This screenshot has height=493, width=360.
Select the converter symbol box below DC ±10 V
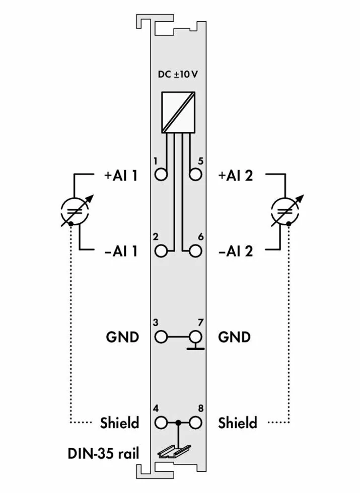point(178,112)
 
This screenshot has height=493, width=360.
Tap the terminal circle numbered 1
point(161,175)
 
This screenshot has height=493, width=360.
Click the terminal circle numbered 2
point(161,250)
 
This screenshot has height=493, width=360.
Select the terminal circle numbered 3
point(161,336)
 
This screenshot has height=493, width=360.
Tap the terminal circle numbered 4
point(161,423)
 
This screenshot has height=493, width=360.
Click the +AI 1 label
point(121,176)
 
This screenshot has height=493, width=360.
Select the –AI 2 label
point(236,251)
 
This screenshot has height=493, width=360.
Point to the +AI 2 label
point(236,176)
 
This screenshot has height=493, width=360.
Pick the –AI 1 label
point(121,251)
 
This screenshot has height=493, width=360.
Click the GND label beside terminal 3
point(122,337)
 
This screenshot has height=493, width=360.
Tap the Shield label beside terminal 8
point(238,423)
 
